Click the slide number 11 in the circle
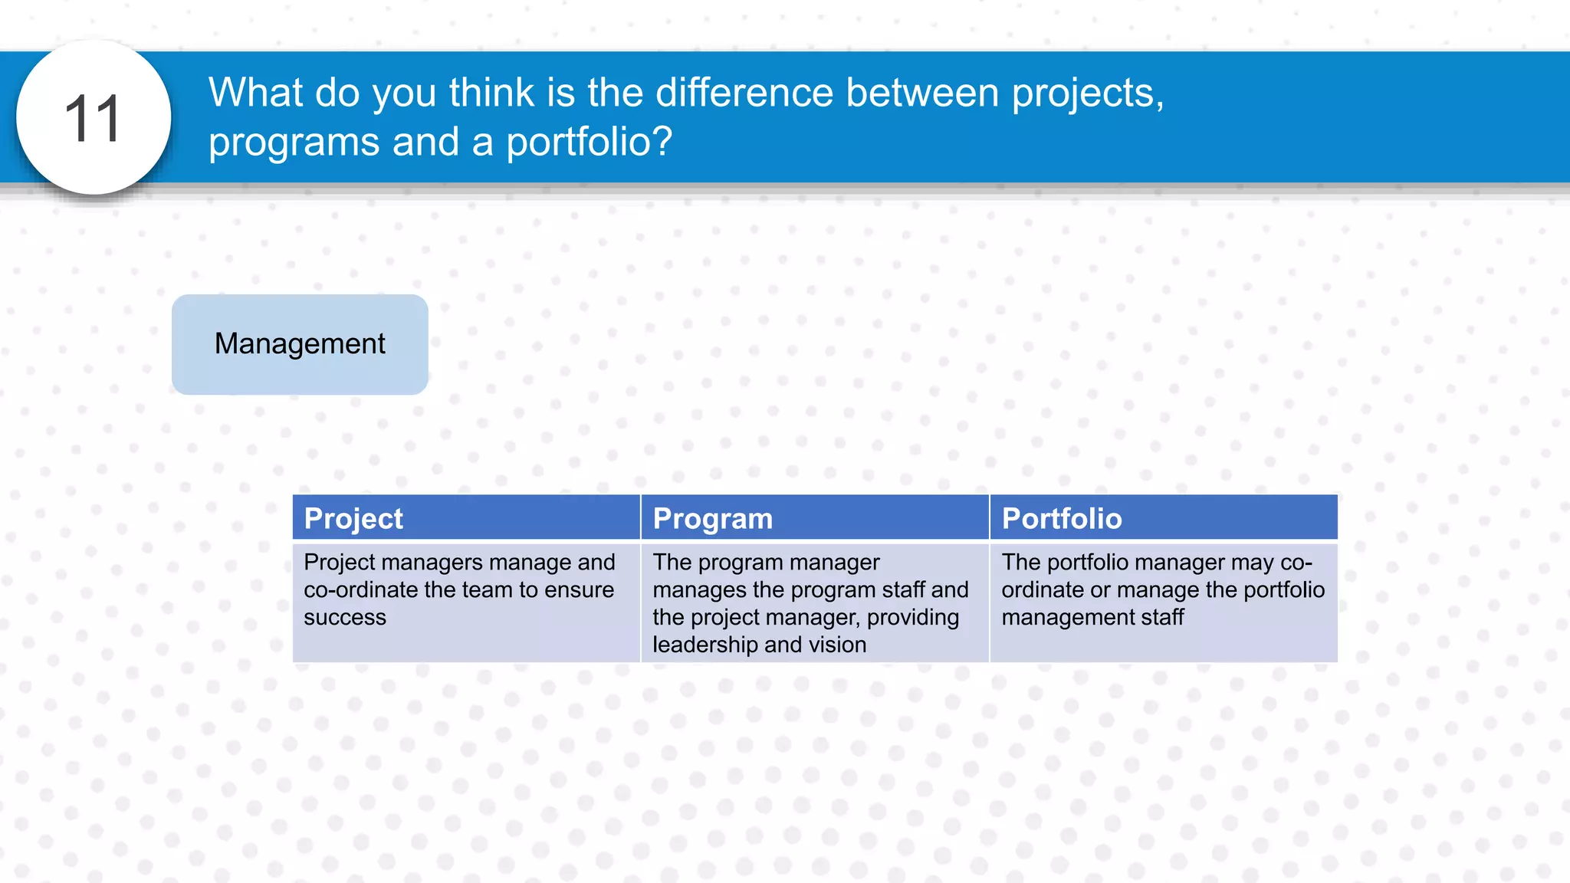tap(93, 119)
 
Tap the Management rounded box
tap(300, 344)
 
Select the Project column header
tap(353, 519)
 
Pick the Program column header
tap(712, 519)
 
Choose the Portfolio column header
tap(1062, 519)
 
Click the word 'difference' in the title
tap(744, 93)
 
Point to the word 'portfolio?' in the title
tap(589, 142)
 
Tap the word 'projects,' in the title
tap(1088, 94)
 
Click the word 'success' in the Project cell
tap(345, 618)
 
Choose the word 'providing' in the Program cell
tap(913, 618)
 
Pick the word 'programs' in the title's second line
tap(294, 143)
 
